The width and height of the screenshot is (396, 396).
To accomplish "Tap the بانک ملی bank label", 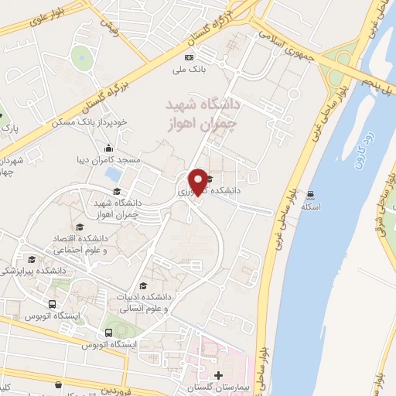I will [x=188, y=69].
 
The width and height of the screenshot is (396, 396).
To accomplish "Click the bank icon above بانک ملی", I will [x=188, y=58].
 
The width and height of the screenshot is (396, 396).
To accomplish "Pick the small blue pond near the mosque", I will [x=114, y=174].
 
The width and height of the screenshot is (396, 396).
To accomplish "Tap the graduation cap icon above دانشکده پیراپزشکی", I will [x=32, y=260].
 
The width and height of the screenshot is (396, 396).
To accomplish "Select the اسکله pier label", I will [x=311, y=207].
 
